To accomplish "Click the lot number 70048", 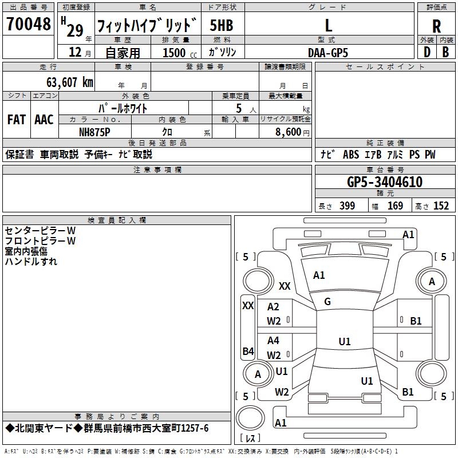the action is coord(29,24).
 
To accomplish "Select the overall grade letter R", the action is coord(436,26).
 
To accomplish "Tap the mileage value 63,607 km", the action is coord(70,82).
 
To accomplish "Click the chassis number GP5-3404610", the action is coord(385,182).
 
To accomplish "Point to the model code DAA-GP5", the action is coord(328,53).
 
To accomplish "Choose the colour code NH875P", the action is coord(94,132).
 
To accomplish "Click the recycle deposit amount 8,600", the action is coord(289,132).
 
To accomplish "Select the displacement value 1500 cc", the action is coord(180,53).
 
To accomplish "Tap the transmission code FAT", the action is coord(17,120).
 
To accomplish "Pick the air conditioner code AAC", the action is coord(44,120).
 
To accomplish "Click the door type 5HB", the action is coord(222,25).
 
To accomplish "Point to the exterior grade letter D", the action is coord(427,52).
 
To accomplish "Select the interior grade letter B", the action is coord(445,52).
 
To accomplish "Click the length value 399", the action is coord(348,206).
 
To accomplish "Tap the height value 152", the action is coord(441,206).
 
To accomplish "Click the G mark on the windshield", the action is coord(327,302).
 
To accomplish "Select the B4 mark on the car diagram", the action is coord(248,351).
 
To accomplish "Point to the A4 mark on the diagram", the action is coord(273,340).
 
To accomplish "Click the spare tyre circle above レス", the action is coord(250,417).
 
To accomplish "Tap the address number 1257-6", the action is coord(195,428).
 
